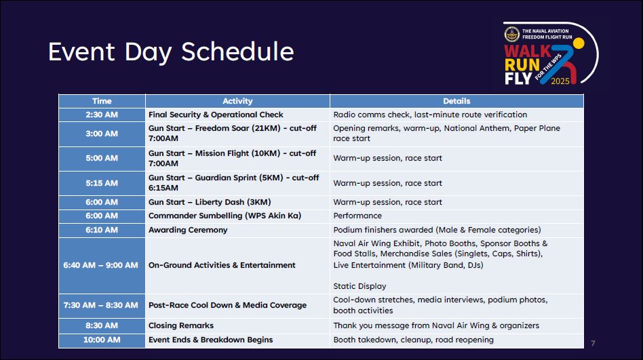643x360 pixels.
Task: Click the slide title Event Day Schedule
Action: [171, 52]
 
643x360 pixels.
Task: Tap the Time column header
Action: [102, 101]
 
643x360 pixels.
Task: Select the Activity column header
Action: [237, 101]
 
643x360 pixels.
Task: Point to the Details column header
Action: [456, 101]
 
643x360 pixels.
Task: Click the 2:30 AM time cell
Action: [102, 115]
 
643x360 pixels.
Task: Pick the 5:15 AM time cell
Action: [102, 183]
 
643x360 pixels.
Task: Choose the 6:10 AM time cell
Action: [102, 230]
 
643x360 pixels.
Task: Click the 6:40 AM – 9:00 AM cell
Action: [100, 265]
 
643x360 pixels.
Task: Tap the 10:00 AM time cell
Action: [102, 340]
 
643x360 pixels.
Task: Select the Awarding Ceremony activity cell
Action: [188, 230]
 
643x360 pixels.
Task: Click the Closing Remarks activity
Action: [181, 325]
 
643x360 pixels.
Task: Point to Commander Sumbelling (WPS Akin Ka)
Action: [225, 216]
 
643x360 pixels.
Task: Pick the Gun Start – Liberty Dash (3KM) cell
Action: [210, 202]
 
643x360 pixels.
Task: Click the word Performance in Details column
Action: [357, 216]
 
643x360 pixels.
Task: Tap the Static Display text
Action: [359, 286]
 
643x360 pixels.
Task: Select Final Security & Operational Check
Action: [216, 115]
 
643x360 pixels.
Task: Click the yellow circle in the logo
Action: [578, 43]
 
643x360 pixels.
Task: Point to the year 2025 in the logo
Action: [560, 81]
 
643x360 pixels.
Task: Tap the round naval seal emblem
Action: [512, 34]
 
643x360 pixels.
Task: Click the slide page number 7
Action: [593, 343]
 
